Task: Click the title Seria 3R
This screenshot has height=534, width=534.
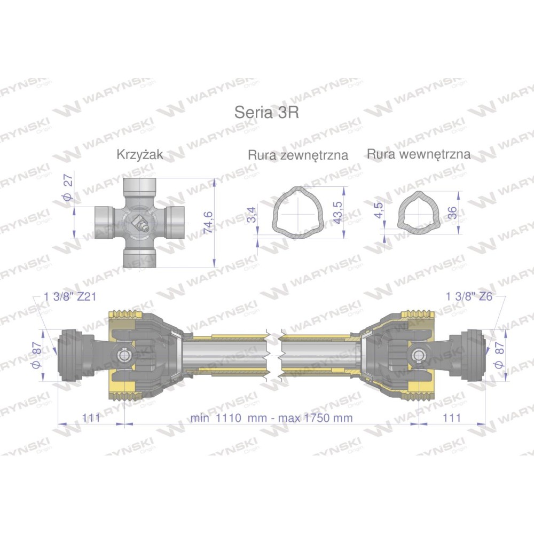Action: (x=266, y=112)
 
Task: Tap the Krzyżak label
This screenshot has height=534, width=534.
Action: (x=139, y=155)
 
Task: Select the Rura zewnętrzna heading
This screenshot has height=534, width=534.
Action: (x=298, y=155)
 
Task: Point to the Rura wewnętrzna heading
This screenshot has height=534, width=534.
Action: (x=419, y=154)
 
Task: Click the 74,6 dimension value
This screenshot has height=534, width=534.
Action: (x=208, y=222)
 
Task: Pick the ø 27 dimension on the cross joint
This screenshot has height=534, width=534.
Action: (x=68, y=187)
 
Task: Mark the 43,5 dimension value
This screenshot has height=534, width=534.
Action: (x=337, y=213)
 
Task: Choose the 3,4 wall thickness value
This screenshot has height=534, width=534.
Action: (x=252, y=215)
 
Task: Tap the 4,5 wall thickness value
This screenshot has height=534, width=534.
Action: (x=379, y=209)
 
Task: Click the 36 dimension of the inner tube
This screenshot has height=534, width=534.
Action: (x=452, y=213)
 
